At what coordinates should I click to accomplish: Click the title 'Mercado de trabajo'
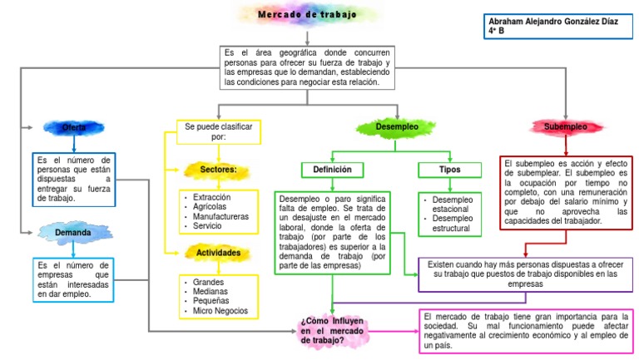coord(306,14)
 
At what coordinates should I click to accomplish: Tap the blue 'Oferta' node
coord(73,127)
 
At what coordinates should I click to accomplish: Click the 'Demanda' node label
coord(73,233)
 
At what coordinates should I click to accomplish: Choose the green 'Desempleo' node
coord(397,127)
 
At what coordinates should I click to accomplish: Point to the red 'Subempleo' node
coord(565,127)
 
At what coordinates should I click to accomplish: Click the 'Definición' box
coord(332,170)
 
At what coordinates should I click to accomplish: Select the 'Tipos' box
coord(449,170)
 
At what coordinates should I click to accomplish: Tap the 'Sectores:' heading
coord(218,170)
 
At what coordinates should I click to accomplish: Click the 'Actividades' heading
coord(218,252)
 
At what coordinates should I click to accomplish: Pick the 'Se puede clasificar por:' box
coord(218,131)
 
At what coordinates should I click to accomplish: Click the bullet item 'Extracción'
coord(211,197)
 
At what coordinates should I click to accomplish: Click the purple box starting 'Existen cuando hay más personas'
coord(525,274)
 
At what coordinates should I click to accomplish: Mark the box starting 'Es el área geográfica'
coord(307,67)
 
